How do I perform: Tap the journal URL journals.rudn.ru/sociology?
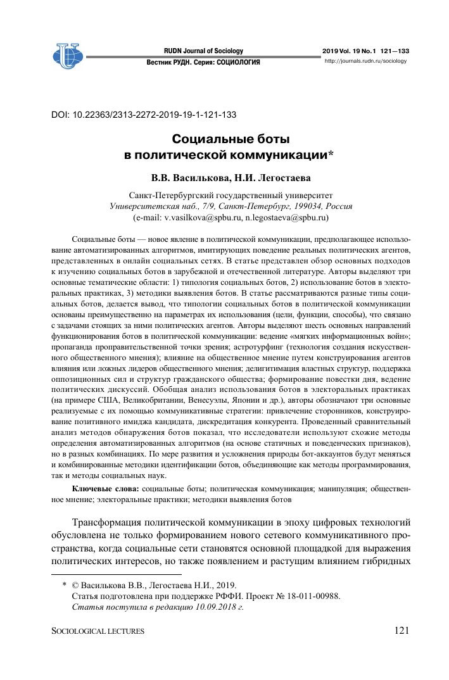pos(365,61)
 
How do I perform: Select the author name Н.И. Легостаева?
pos(265,178)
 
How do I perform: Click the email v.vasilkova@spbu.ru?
pos(200,217)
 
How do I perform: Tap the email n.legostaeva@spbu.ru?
pos(281,217)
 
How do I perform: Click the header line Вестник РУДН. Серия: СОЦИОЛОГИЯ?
pos(203,63)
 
